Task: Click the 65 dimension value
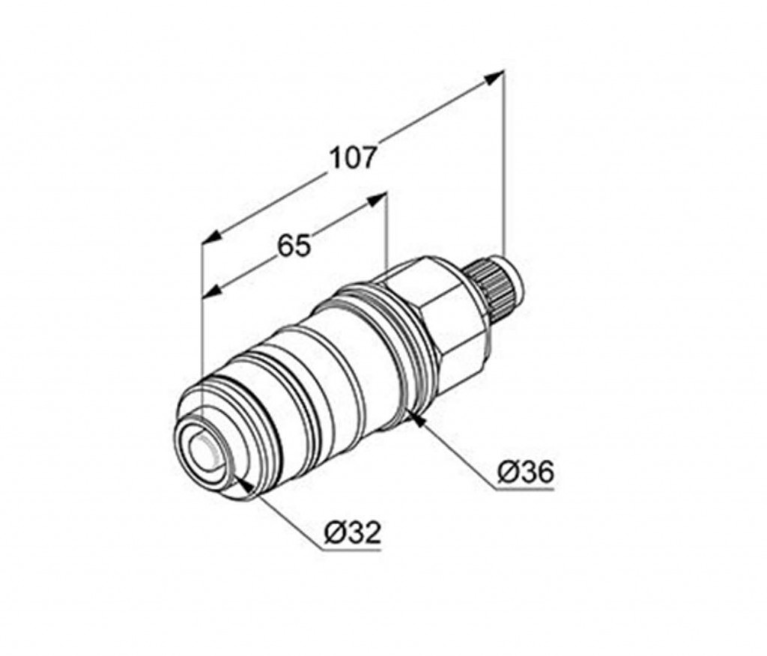(294, 246)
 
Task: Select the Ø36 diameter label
(527, 472)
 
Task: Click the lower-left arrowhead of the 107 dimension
(211, 237)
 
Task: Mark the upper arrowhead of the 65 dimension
(377, 200)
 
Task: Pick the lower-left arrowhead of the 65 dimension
(212, 291)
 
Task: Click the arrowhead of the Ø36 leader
(416, 419)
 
